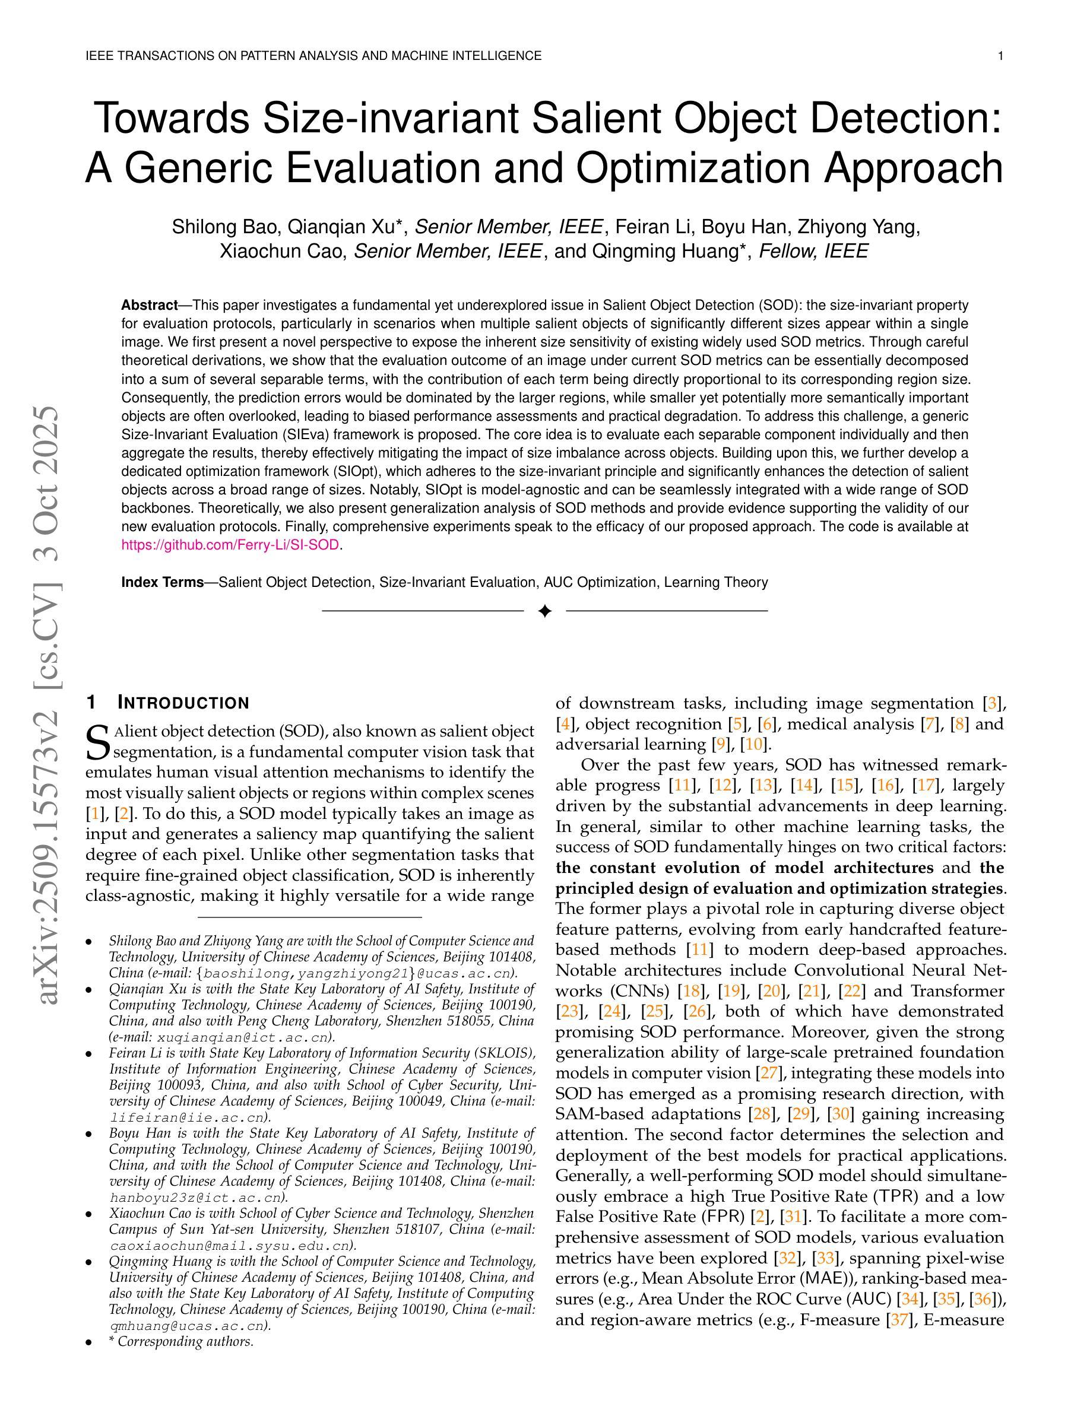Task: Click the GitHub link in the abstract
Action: pos(230,545)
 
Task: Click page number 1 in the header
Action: pos(1000,56)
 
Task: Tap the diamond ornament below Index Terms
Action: pos(544,611)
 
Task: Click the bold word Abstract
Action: pos(149,304)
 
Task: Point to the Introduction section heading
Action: pos(183,703)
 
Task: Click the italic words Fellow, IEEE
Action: pos(813,251)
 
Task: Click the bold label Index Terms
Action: pos(163,582)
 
